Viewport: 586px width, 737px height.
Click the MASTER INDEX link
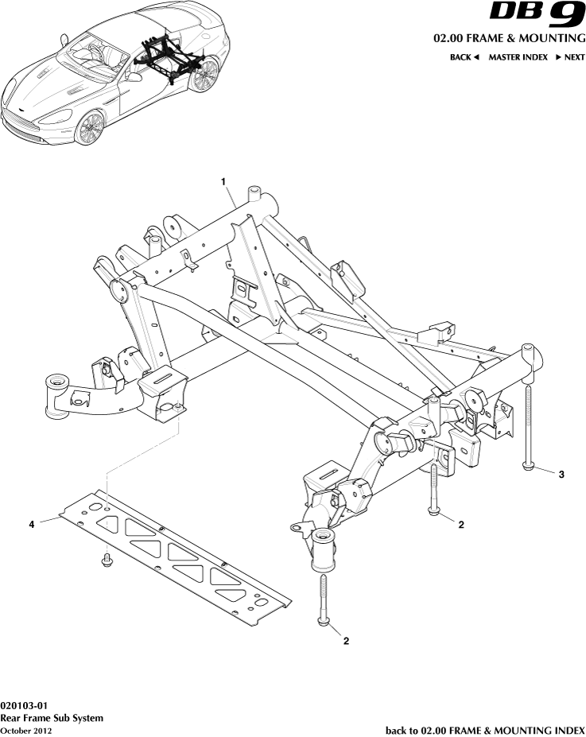(518, 57)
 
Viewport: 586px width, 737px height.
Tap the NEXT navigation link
(569, 57)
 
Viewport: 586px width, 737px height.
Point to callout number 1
(224, 182)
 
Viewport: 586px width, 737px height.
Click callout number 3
(561, 475)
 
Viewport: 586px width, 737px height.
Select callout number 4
(32, 524)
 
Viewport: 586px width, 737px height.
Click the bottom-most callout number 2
(345, 639)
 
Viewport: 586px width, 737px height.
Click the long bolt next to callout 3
(527, 421)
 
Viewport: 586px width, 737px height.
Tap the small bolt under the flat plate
(106, 562)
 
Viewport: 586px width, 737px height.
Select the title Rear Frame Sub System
(52, 718)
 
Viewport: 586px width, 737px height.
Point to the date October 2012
(26, 730)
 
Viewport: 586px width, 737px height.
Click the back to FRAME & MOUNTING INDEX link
(485, 730)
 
